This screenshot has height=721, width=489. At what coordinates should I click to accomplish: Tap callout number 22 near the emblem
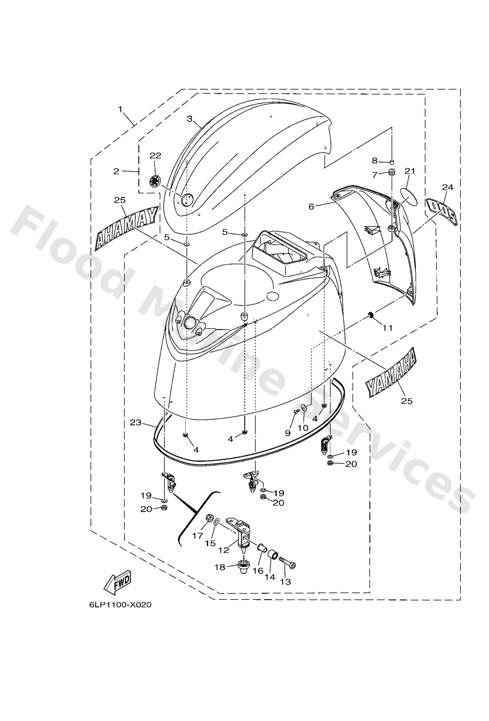[x=155, y=156]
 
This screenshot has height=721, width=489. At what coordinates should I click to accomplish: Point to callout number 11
[x=388, y=328]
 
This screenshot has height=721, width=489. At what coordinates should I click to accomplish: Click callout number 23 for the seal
[x=136, y=422]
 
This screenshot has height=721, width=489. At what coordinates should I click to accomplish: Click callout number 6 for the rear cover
[x=311, y=206]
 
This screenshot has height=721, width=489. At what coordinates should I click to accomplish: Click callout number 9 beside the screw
[x=287, y=433]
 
